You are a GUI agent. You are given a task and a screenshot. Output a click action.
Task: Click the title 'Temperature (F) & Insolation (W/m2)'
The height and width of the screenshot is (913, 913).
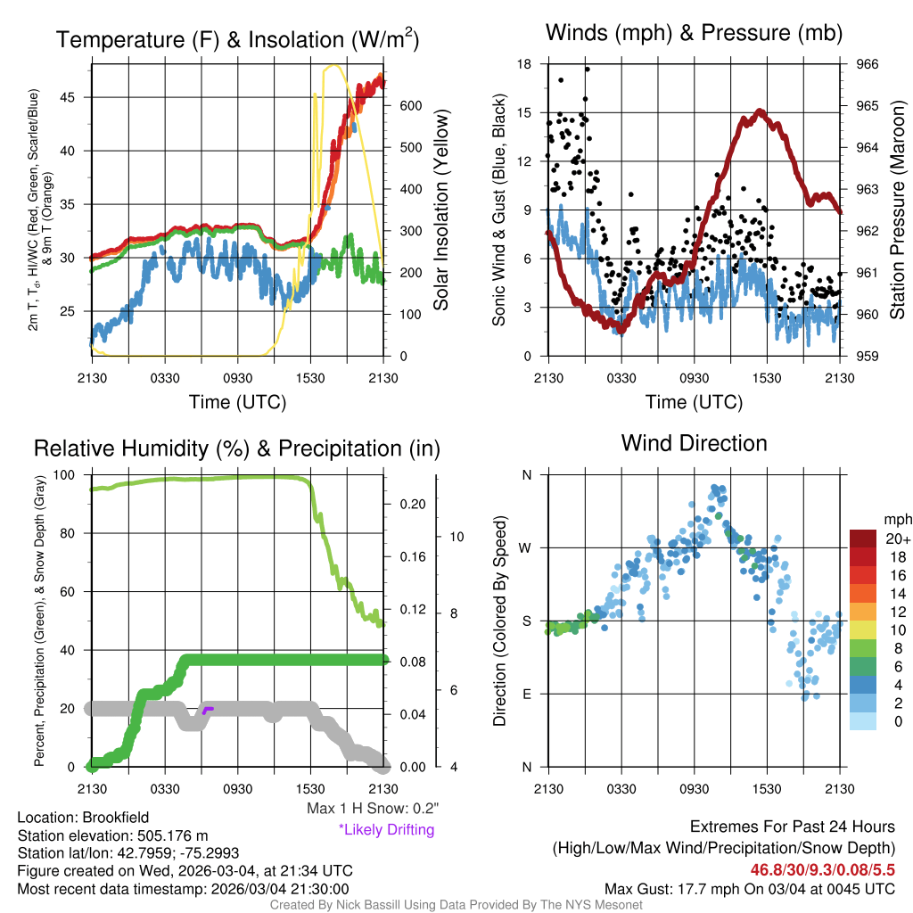(x=237, y=40)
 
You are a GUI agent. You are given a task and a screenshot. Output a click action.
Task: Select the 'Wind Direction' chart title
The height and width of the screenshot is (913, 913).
(x=694, y=443)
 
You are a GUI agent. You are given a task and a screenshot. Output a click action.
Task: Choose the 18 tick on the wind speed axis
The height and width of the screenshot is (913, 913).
(x=524, y=64)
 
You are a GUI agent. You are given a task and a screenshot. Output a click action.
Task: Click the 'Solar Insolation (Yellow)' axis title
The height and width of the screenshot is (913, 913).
(x=441, y=210)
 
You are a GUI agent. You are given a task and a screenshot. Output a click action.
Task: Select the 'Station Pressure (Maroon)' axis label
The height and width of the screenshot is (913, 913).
(x=898, y=210)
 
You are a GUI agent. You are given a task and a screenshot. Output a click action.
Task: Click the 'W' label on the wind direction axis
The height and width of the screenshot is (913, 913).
(x=526, y=547)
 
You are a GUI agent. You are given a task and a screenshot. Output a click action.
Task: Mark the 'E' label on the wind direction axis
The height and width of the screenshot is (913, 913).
(x=527, y=694)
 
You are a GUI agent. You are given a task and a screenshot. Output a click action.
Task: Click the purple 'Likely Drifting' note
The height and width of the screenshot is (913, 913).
(x=386, y=830)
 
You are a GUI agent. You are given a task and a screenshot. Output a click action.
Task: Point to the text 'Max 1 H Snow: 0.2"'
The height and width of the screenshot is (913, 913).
(x=372, y=809)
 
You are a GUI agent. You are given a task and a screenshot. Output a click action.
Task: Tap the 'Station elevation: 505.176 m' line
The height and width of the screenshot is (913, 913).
(x=112, y=835)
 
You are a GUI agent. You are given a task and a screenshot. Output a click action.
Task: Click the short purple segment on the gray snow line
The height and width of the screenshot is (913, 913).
(x=207, y=710)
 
